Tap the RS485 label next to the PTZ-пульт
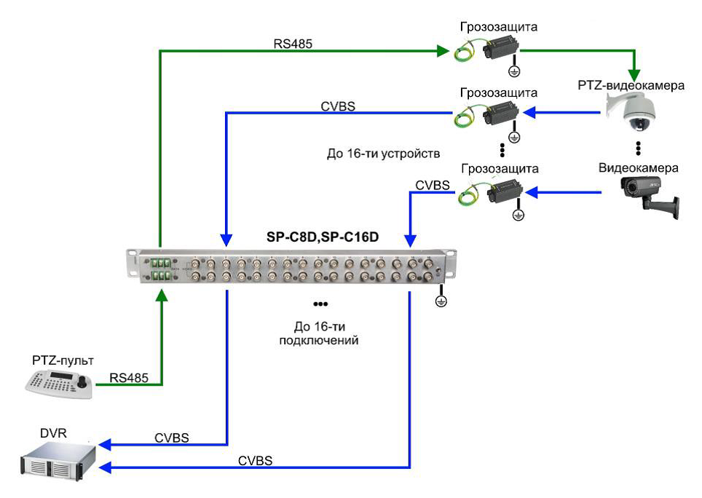pyautogui.click(x=129, y=377)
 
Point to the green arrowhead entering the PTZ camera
pyautogui.click(x=636, y=75)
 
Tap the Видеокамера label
pyautogui.click(x=638, y=168)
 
